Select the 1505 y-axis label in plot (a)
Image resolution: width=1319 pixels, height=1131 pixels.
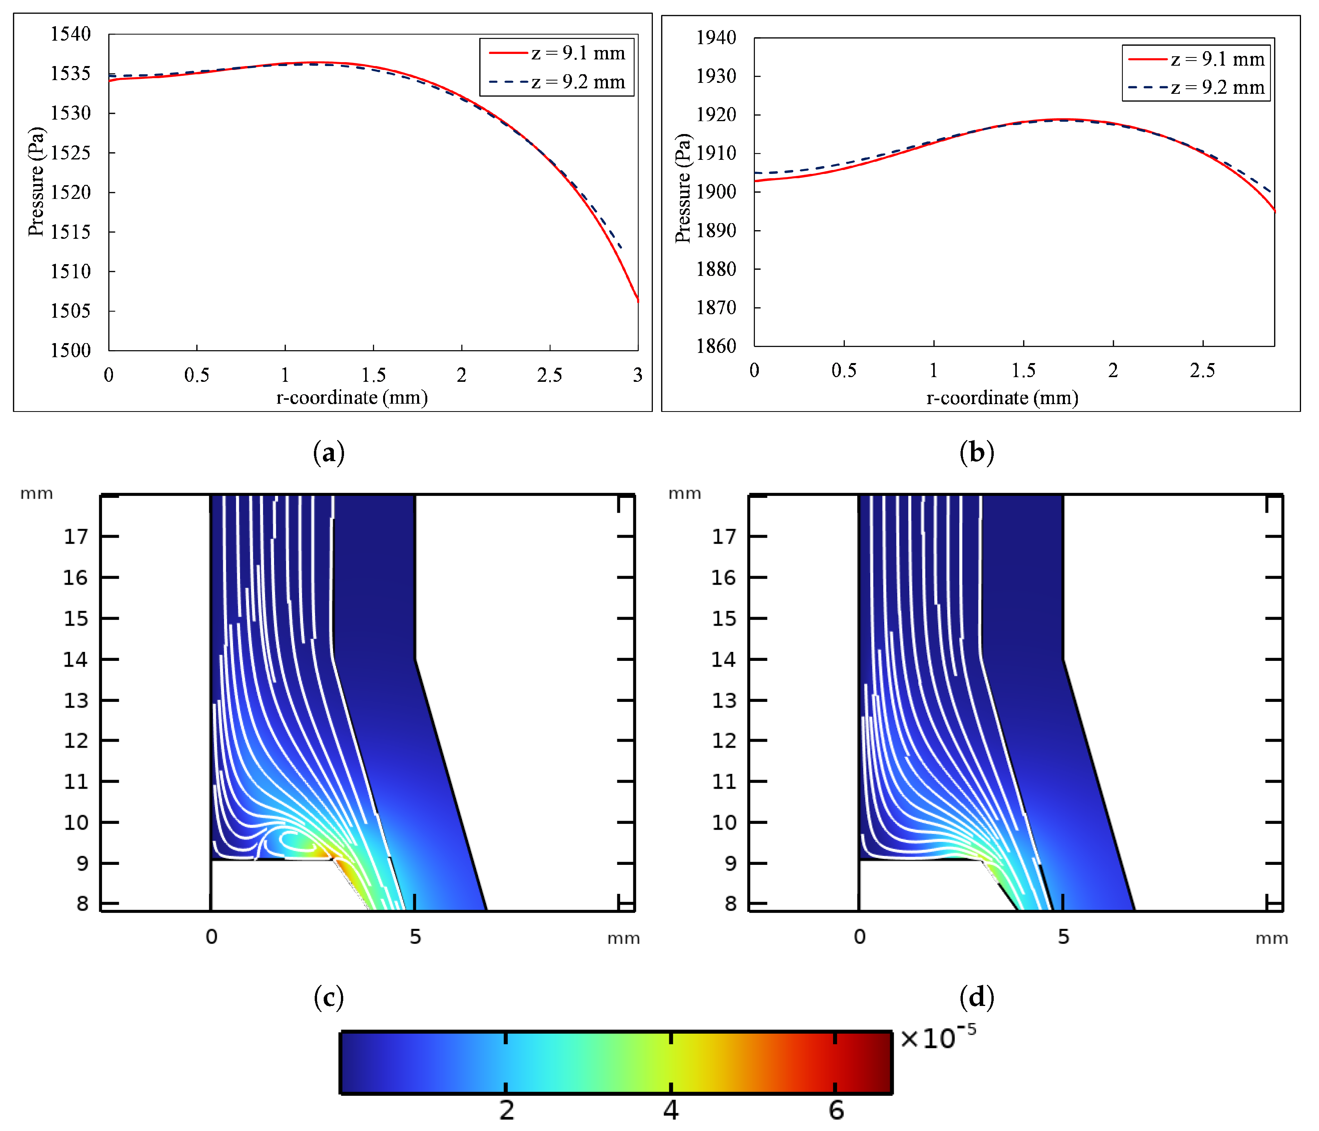click(x=71, y=311)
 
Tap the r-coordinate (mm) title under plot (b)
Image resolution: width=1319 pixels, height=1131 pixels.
click(x=1002, y=398)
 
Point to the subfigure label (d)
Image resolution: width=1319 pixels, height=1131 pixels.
click(x=977, y=997)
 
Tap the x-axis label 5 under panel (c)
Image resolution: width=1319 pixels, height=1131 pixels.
click(x=415, y=936)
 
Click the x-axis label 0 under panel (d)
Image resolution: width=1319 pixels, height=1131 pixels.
click(x=859, y=936)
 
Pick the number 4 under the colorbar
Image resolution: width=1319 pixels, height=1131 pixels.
click(x=670, y=1110)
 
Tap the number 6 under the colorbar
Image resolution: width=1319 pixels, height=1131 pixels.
click(x=836, y=1110)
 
